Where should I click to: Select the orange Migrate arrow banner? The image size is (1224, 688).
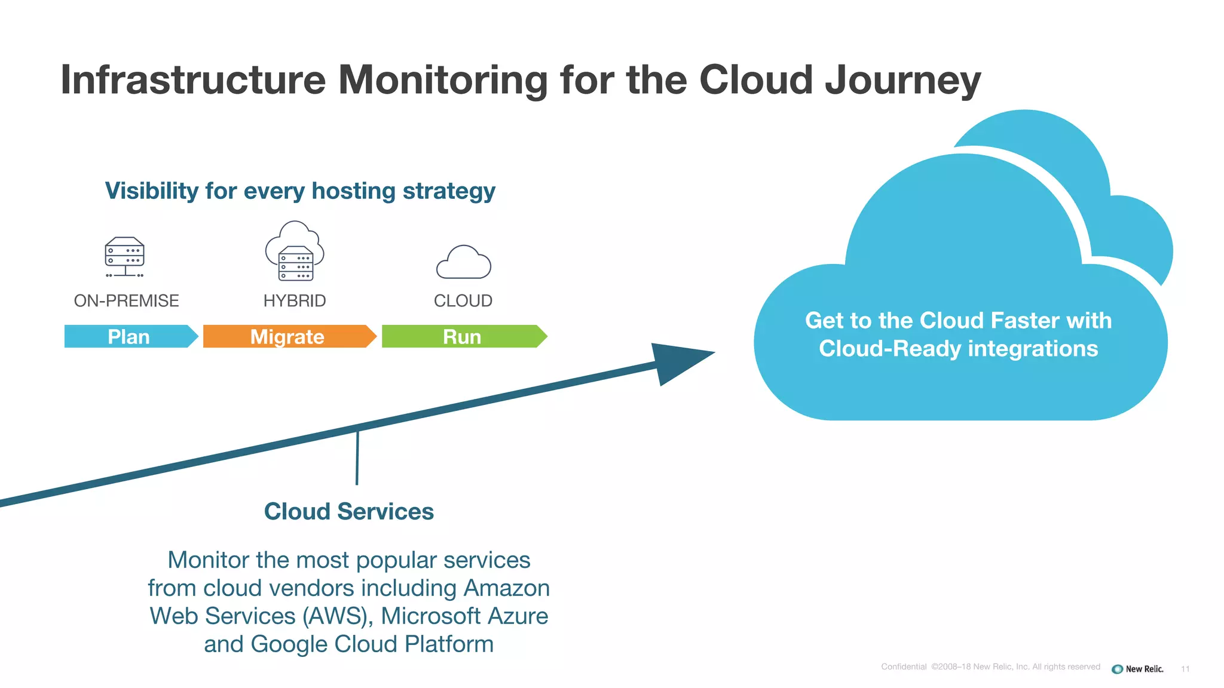pos(288,337)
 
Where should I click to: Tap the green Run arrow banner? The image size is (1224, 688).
pos(463,337)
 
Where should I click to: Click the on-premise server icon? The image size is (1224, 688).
pos(124,257)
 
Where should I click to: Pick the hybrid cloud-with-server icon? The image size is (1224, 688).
pos(295,251)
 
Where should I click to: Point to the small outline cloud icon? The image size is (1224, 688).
pos(463,263)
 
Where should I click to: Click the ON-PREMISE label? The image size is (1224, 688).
pos(126,301)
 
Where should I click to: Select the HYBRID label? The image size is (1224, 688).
pos(295,301)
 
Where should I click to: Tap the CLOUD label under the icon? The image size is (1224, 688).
pos(463,301)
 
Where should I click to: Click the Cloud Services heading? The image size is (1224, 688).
pos(349,512)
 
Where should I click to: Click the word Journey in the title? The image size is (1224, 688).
pos(902,80)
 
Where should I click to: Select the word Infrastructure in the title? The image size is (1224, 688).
pos(193,80)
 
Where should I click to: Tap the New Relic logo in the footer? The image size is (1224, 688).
pos(1138,669)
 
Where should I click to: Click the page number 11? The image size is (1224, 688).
pos(1185,669)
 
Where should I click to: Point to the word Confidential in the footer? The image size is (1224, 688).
pos(904,667)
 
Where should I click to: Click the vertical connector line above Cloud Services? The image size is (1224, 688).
pos(357,457)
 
